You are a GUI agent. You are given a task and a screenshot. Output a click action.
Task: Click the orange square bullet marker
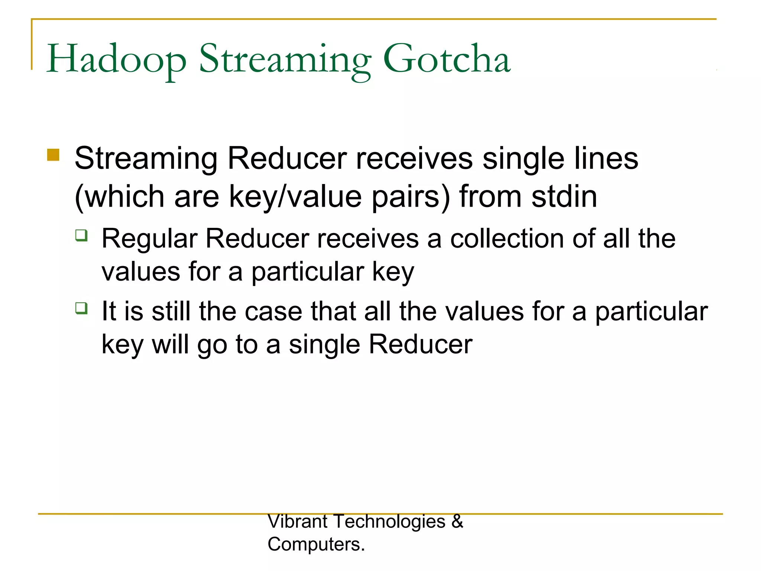click(x=53, y=155)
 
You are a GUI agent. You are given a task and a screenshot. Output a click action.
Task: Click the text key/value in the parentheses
click(x=295, y=197)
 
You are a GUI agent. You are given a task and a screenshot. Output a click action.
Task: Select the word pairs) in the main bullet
click(x=411, y=197)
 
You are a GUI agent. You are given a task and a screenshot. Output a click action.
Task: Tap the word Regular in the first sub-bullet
click(x=149, y=239)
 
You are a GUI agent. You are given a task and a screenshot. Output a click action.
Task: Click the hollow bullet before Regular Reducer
click(x=81, y=235)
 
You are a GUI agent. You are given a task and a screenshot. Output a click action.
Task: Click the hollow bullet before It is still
click(x=81, y=308)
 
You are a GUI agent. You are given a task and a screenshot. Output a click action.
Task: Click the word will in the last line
click(x=171, y=345)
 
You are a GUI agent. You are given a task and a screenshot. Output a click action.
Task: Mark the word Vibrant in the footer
click(x=297, y=522)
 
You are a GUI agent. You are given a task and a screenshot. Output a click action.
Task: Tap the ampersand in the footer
click(x=457, y=522)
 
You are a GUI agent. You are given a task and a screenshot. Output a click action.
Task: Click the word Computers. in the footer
click(x=316, y=545)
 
